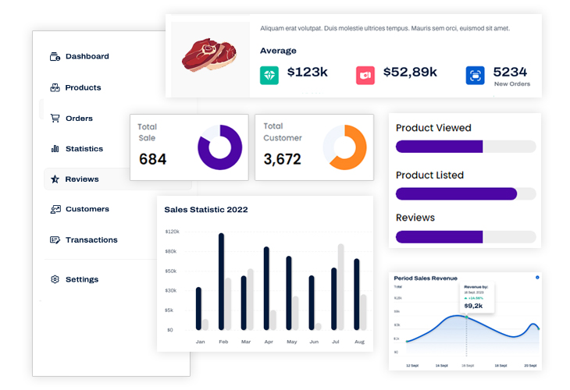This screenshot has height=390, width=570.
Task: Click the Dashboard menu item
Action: [x=87, y=56]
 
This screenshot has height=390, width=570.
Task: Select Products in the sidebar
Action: [x=83, y=87]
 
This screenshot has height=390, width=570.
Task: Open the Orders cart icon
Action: [x=55, y=119]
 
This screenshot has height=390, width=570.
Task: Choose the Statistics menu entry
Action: [x=84, y=149]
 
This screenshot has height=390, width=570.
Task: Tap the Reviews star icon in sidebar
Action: [x=55, y=179]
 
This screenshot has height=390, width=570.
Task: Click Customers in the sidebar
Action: [x=87, y=209]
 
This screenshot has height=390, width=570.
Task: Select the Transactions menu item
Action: [x=91, y=240]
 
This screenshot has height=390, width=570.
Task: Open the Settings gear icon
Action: [x=55, y=279]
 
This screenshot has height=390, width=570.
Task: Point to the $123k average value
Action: [x=307, y=73]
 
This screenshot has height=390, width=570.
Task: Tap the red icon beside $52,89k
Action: [x=365, y=75]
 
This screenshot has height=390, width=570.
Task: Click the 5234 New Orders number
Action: [x=510, y=72]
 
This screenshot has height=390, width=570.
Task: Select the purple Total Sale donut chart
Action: [x=220, y=147]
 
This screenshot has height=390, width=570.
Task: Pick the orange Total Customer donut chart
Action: [x=345, y=147]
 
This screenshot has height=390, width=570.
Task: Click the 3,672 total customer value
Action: [x=282, y=160]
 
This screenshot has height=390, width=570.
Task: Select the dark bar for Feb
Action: [x=222, y=281]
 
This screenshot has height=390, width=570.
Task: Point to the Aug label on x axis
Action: [x=359, y=342]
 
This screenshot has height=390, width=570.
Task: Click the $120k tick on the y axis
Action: [x=172, y=232]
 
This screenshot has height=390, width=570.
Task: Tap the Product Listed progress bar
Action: [x=465, y=193]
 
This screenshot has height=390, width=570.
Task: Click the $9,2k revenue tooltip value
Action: [x=474, y=306]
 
